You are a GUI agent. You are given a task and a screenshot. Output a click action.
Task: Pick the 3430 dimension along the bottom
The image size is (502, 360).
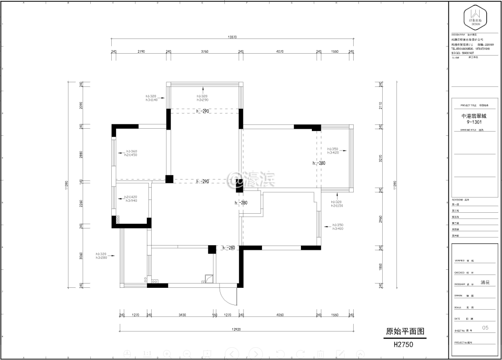pyautogui.click(x=182, y=314)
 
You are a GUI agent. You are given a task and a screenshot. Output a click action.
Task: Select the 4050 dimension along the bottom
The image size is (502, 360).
pyautogui.click(x=280, y=314)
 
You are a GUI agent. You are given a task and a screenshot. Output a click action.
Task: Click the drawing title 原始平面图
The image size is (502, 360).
pyautogui.click(x=405, y=332)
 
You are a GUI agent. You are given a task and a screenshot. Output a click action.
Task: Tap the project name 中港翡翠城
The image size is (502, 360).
pyautogui.click(x=475, y=116)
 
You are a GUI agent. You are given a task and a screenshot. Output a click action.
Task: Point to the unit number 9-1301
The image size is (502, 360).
pyautogui.click(x=475, y=122)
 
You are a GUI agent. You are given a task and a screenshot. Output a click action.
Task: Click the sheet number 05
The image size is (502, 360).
pyautogui.click(x=485, y=328)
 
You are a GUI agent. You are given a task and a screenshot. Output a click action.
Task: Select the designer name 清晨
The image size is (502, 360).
pyautogui.click(x=485, y=282)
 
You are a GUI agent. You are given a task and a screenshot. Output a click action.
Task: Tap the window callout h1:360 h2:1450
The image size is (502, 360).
pyautogui.click(x=131, y=153)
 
